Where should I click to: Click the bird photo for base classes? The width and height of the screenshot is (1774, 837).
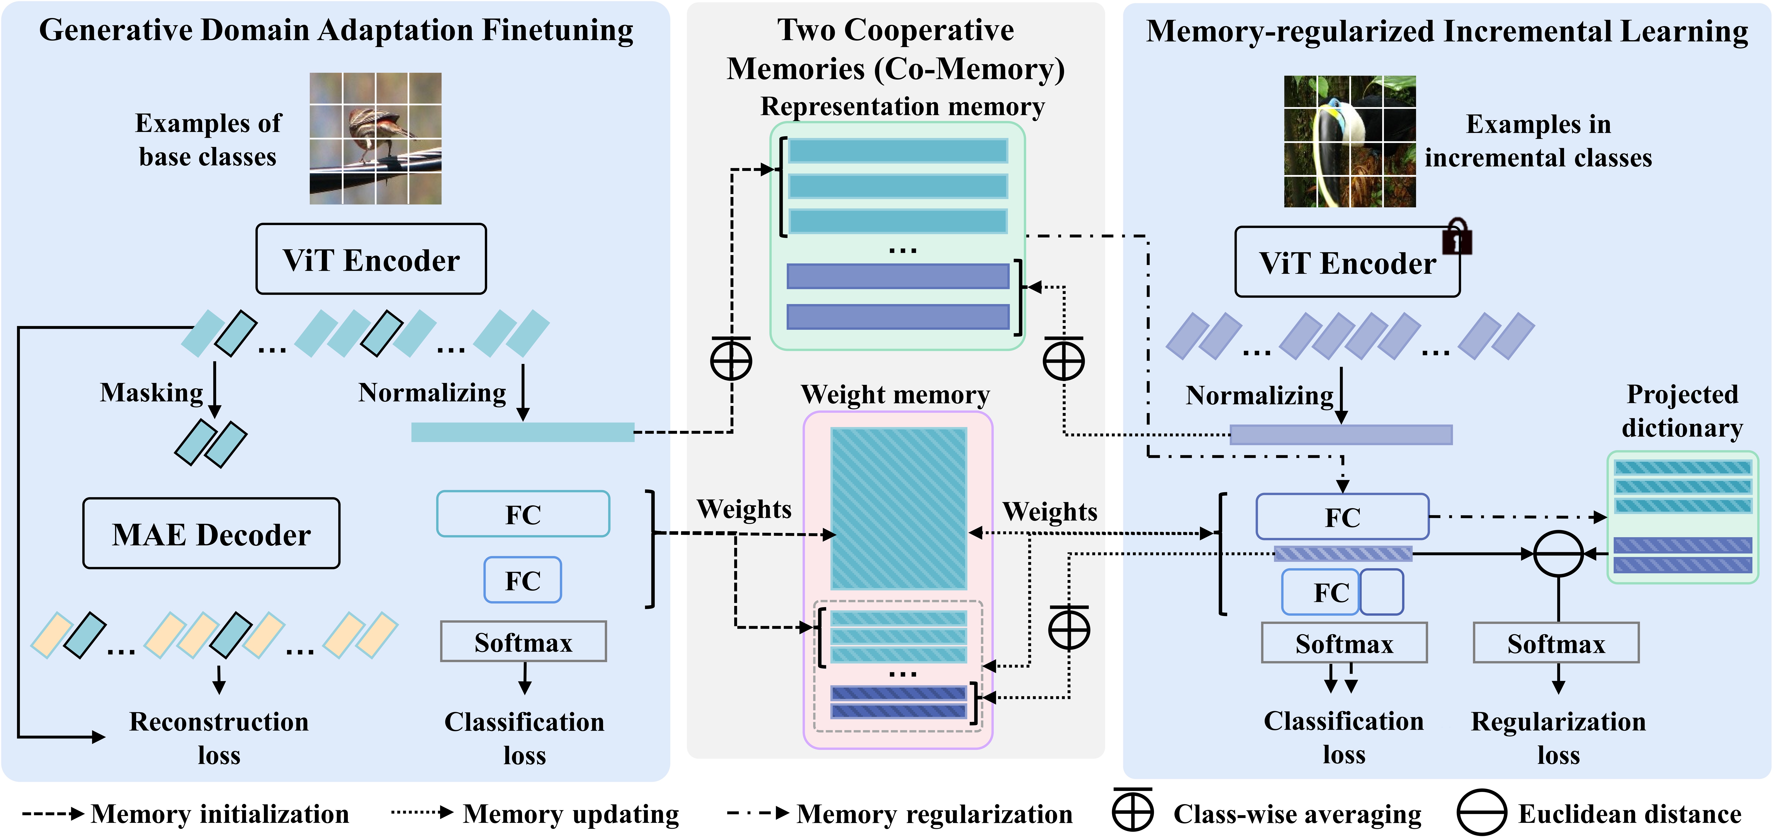tap(375, 138)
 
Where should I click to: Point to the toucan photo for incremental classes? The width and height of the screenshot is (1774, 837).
tap(1350, 141)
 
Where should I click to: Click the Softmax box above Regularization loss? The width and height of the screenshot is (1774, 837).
tap(1556, 643)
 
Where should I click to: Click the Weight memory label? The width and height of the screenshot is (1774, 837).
tap(895, 394)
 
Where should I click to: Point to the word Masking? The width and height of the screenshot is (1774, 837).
tap(152, 392)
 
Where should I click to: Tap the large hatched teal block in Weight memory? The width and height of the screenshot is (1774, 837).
tap(899, 508)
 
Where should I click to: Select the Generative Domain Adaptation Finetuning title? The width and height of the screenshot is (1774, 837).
tap(336, 30)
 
